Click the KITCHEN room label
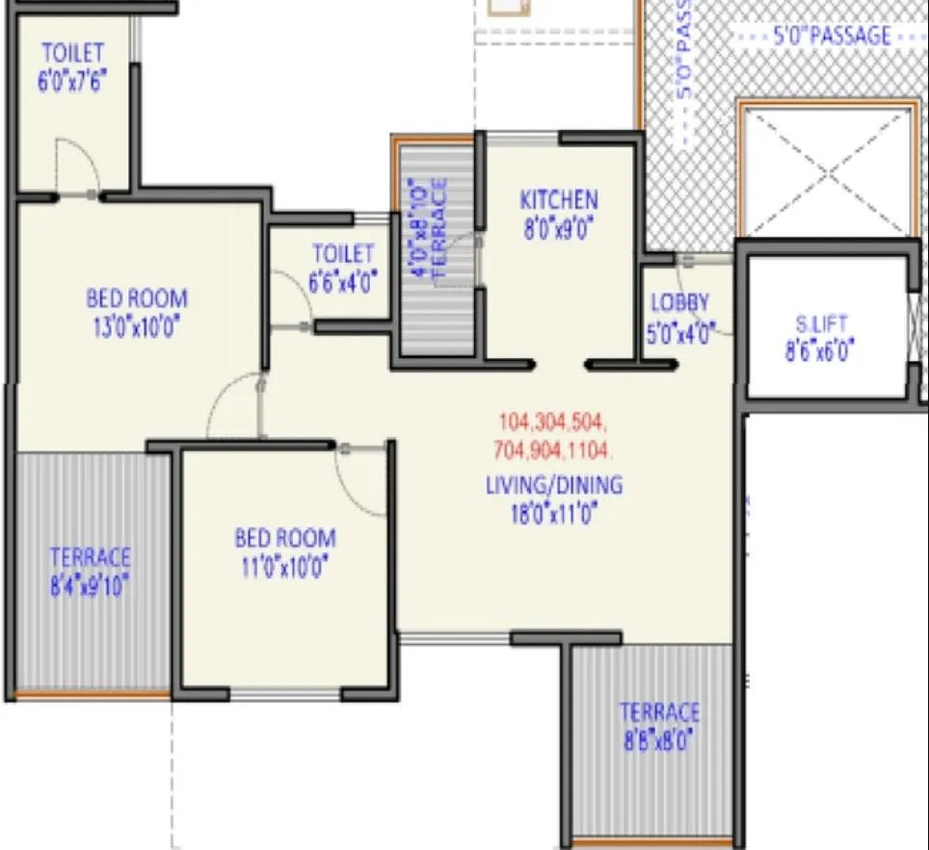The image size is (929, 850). pos(559,200)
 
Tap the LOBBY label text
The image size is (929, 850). pos(679,301)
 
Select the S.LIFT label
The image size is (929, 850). pos(815,324)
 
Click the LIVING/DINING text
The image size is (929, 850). pos(554,484)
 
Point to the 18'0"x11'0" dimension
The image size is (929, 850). pos(554,513)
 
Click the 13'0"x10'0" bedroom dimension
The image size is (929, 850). pos(136,325)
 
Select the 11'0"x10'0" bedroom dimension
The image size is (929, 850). pos(286,566)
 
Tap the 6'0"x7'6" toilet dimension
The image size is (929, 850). pos(72,81)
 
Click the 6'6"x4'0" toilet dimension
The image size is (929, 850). pos(343,281)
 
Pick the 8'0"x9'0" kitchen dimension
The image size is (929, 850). pos(559,230)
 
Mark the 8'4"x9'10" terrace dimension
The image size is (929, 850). pos(90,585)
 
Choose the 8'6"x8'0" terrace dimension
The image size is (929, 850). pos(659,740)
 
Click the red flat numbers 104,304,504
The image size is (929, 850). pos(553,422)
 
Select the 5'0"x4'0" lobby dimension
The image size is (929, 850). pos(679,333)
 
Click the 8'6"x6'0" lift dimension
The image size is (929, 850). pos(815,352)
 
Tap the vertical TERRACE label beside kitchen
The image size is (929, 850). pos(439,229)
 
